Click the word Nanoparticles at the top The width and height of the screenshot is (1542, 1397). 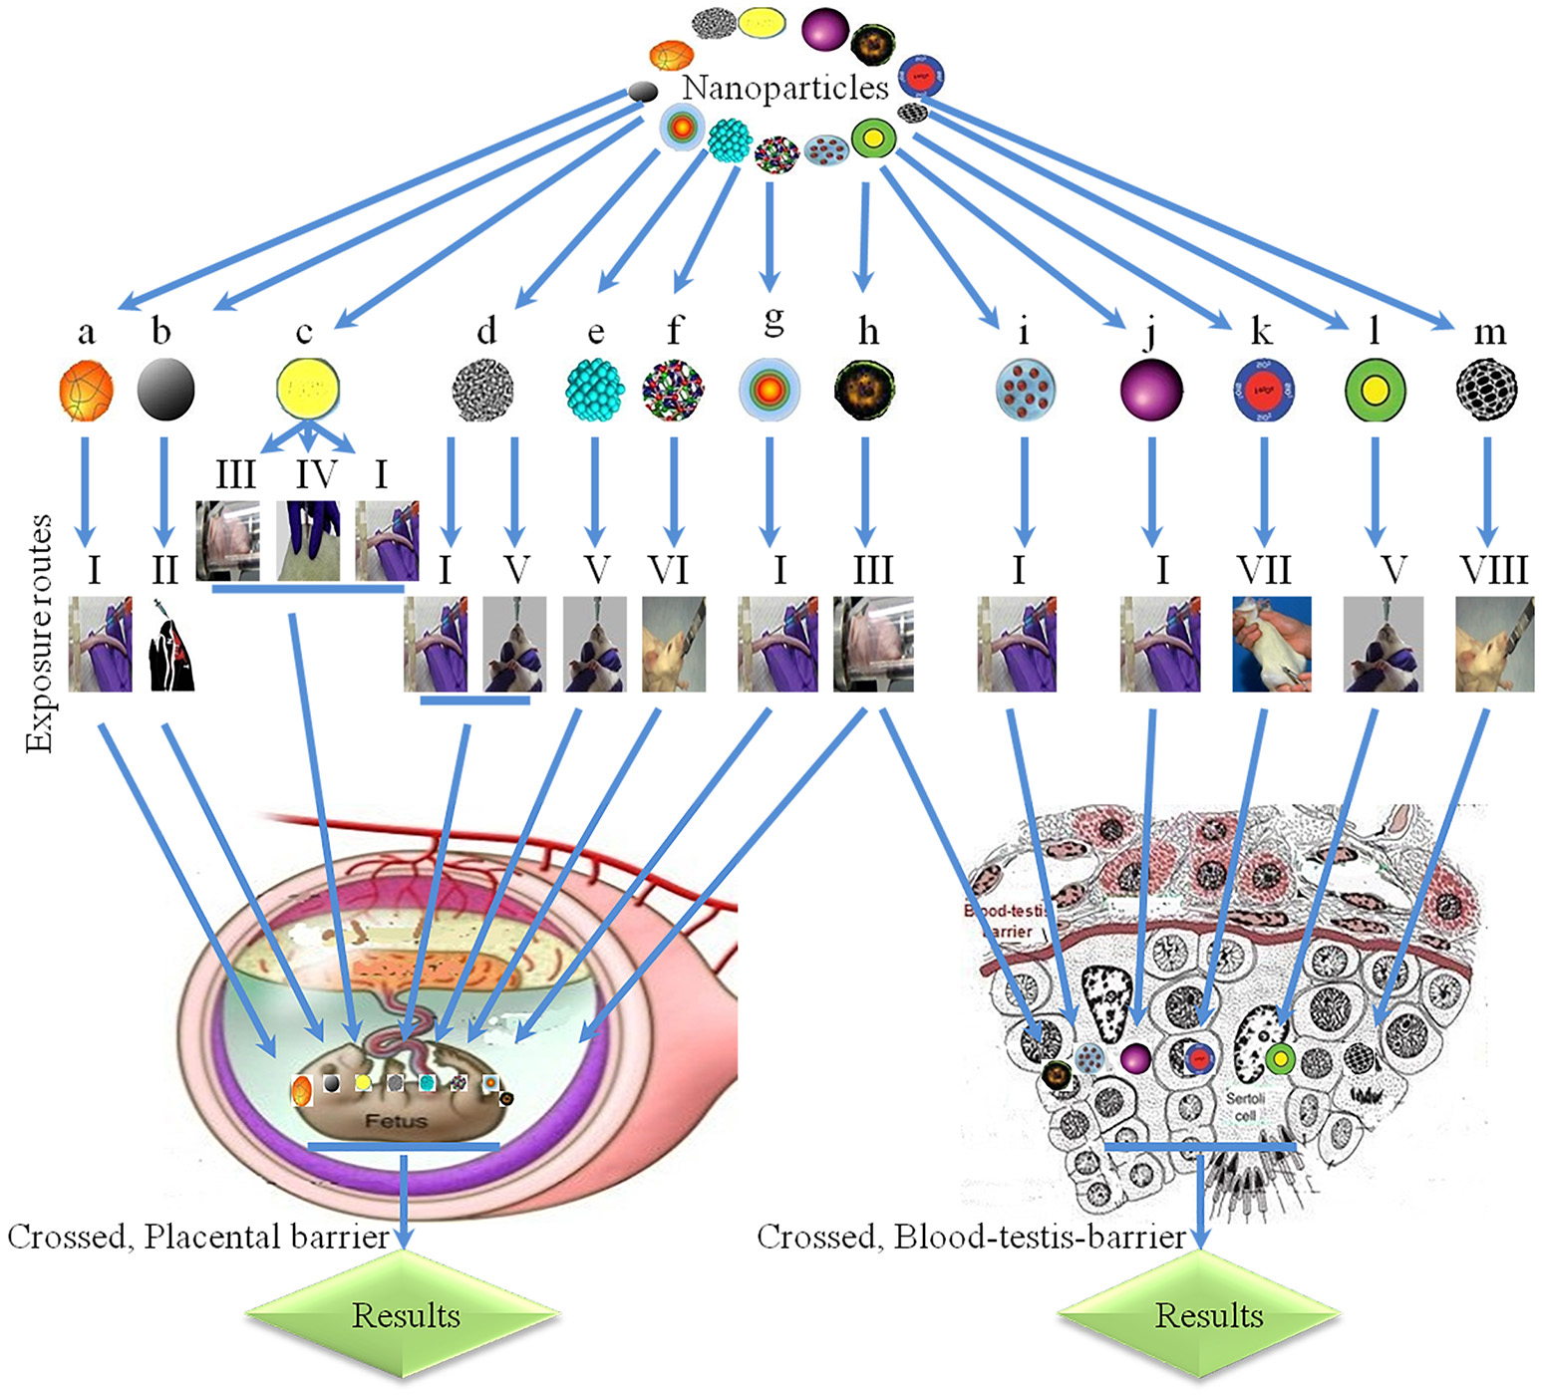tap(784, 88)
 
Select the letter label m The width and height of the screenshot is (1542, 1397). tap(1489, 333)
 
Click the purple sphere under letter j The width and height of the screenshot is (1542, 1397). tap(1151, 390)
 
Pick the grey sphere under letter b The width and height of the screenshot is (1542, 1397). tap(165, 389)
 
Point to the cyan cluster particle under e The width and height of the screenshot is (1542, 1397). tap(595, 389)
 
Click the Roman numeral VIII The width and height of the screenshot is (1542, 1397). tap(1493, 570)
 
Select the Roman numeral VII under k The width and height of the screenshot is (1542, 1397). tap(1264, 570)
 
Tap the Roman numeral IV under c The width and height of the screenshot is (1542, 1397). tap(315, 474)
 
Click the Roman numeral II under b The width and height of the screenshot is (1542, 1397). tap(164, 570)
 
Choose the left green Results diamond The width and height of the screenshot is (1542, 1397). tap(404, 1315)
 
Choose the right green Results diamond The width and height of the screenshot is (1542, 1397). tap(1207, 1315)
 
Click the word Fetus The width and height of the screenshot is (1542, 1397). tap(396, 1121)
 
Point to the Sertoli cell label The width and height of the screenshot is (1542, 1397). tap(1245, 1106)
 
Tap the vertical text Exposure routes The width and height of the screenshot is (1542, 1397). tap(40, 633)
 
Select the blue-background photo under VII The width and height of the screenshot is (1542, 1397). tap(1271, 644)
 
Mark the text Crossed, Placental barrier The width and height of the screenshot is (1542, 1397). tap(197, 1237)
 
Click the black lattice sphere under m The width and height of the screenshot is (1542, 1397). tap(1486, 390)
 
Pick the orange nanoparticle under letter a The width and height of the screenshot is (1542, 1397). tap(86, 390)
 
